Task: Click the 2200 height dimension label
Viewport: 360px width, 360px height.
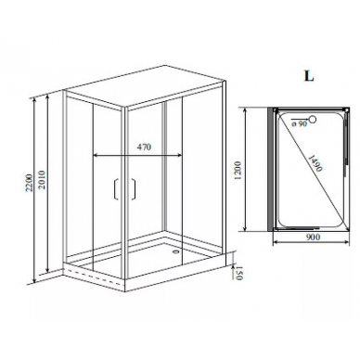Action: click(x=29, y=183)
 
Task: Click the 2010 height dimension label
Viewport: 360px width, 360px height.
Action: click(x=42, y=179)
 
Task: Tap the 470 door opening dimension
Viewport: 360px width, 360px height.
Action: click(x=144, y=147)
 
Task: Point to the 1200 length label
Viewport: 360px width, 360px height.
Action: click(x=238, y=171)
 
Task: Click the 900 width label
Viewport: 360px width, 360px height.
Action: click(x=313, y=237)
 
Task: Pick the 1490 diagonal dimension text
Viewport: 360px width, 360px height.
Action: click(x=315, y=161)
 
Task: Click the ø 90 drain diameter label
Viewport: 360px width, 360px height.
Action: click(x=299, y=123)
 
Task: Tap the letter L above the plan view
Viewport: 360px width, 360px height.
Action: click(x=309, y=76)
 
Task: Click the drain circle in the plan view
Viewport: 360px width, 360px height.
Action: click(x=314, y=119)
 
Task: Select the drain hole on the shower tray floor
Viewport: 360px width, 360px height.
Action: click(x=177, y=251)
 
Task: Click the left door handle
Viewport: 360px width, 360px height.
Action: click(x=116, y=188)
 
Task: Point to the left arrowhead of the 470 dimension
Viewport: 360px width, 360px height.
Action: click(x=96, y=156)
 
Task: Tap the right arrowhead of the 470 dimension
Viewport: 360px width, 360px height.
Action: click(x=179, y=156)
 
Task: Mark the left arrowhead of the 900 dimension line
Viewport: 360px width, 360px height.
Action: click(x=275, y=242)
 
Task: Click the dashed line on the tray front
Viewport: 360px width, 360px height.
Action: click(x=95, y=276)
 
